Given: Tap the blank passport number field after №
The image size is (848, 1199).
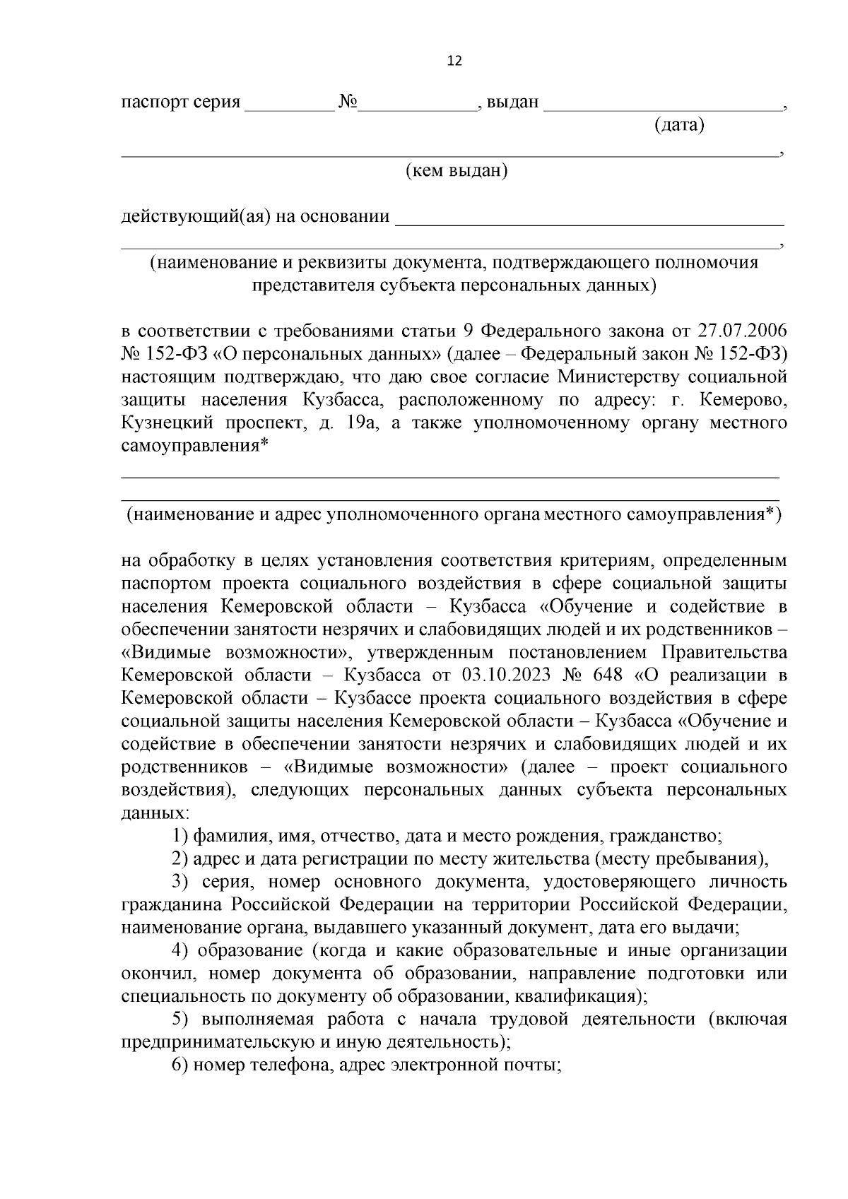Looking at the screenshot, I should pyautogui.click(x=418, y=104).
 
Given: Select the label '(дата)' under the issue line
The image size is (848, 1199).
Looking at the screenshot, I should pyautogui.click(x=679, y=126).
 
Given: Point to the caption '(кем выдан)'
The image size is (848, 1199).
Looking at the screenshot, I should pyautogui.click(x=457, y=170).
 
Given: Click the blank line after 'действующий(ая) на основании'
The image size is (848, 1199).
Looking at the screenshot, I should pyautogui.click(x=589, y=218).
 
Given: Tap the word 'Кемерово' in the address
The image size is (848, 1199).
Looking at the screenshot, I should pyautogui.click(x=742, y=401).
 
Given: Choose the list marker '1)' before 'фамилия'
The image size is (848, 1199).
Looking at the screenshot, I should pyautogui.click(x=180, y=837).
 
